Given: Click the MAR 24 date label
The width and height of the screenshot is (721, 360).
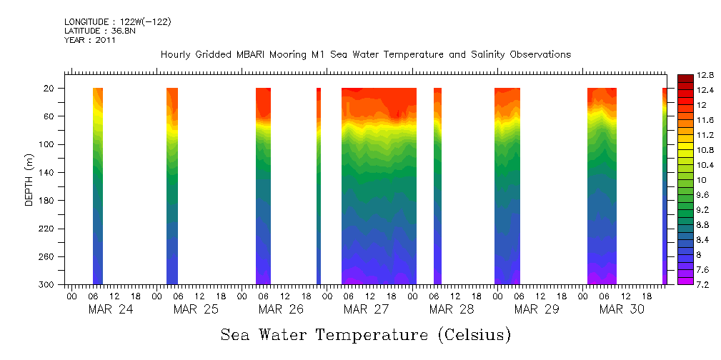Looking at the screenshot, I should point(111,309).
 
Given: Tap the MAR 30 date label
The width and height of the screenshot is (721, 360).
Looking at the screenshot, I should point(622,309).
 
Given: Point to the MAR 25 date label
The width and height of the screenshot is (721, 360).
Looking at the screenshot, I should point(196,309).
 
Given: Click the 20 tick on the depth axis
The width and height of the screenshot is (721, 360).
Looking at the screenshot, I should point(51,88).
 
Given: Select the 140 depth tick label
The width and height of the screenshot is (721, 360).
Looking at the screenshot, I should point(49,172).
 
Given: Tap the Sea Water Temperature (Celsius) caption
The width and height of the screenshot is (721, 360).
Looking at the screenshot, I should point(365,335).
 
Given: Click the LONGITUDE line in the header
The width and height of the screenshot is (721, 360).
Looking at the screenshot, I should point(117,22).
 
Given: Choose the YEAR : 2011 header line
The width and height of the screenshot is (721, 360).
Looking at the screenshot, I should point(89,40).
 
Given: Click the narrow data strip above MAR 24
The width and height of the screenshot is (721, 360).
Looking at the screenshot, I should point(98,186).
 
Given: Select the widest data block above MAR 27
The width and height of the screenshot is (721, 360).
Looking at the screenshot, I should point(379,186).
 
